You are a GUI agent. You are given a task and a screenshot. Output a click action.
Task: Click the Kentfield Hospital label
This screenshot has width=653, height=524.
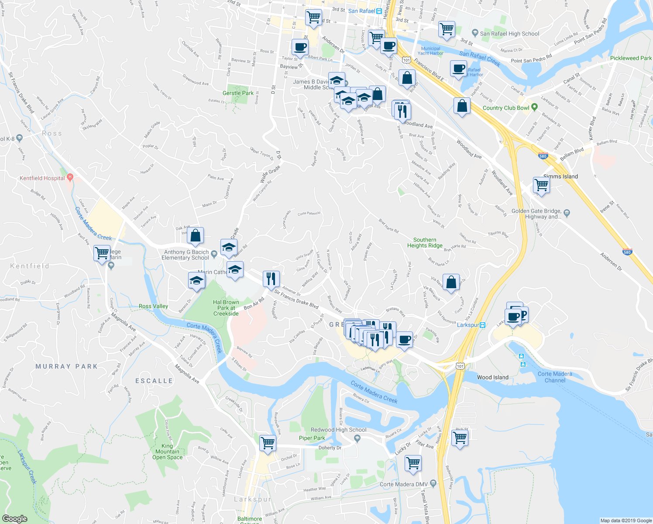[42, 178]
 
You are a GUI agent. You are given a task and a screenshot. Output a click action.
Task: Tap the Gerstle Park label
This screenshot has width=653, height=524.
[238, 93]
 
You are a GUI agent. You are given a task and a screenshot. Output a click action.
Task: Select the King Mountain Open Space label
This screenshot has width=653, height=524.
[167, 452]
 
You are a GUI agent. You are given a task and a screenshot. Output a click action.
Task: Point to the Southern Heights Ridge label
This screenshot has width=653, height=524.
[425, 243]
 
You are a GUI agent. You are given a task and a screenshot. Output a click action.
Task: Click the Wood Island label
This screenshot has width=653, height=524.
[492, 377]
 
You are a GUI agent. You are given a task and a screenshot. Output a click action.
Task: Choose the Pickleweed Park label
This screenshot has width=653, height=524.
[630, 58]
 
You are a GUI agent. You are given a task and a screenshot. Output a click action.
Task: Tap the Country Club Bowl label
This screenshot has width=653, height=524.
[505, 108]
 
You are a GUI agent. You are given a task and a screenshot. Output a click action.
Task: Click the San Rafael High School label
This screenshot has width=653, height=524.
[509, 34]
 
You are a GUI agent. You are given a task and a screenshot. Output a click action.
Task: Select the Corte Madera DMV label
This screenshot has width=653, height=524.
[403, 484]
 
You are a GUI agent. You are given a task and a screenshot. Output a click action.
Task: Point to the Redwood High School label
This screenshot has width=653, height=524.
[338, 430]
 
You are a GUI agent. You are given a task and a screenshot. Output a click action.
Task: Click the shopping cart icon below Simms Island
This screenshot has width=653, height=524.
[541, 185]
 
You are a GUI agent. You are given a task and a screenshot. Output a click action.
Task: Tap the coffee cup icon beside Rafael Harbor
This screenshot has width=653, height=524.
[458, 69]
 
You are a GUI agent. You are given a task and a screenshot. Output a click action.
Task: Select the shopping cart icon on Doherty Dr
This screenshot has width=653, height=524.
[268, 443]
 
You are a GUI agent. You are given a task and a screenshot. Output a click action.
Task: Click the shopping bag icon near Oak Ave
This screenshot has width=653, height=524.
[196, 235]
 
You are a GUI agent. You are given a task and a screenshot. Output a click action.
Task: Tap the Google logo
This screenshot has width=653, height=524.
[14, 519]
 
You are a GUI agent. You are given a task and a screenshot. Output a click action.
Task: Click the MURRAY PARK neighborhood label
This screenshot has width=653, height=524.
[66, 366]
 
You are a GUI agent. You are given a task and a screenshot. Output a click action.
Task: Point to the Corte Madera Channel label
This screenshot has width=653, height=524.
[554, 377]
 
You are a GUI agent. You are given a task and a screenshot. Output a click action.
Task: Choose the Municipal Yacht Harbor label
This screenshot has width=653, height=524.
[430, 51]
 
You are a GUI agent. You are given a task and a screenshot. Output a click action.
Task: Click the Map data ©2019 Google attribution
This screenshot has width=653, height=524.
[626, 521]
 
